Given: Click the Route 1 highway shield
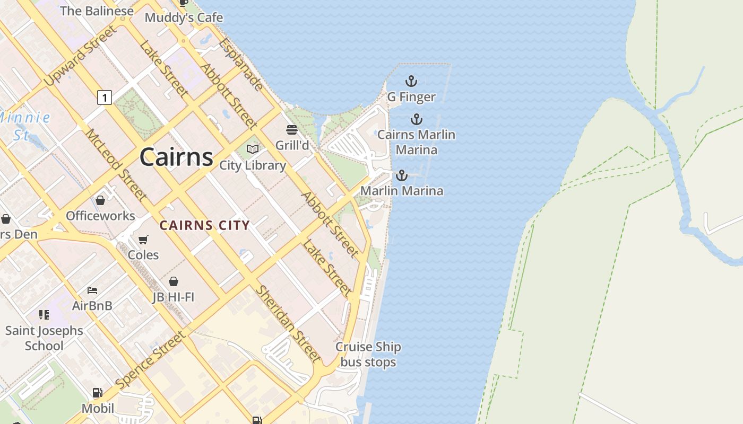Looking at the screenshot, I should [x=105, y=98].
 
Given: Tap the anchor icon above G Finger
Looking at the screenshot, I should [x=411, y=81].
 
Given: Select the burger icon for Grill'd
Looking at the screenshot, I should [x=291, y=130].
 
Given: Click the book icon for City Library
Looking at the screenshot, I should [x=253, y=149].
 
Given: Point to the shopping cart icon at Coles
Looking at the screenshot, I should [x=143, y=240].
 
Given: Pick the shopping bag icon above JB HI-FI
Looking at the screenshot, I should [x=173, y=281].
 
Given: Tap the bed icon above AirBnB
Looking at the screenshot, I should [x=92, y=290].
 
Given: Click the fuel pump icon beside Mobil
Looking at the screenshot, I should [x=98, y=393].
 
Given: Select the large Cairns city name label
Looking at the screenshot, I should [x=176, y=157].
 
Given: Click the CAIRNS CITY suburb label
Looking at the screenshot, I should [x=204, y=225].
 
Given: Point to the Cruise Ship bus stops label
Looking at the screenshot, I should [x=368, y=355].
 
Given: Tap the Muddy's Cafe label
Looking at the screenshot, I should [x=184, y=17].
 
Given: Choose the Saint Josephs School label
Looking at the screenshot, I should [x=44, y=338].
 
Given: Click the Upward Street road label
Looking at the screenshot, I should [x=80, y=56].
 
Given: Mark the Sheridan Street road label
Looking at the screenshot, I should [x=288, y=323].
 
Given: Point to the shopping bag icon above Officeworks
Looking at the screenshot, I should [x=100, y=200].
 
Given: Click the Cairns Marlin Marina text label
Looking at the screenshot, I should [x=416, y=142].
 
